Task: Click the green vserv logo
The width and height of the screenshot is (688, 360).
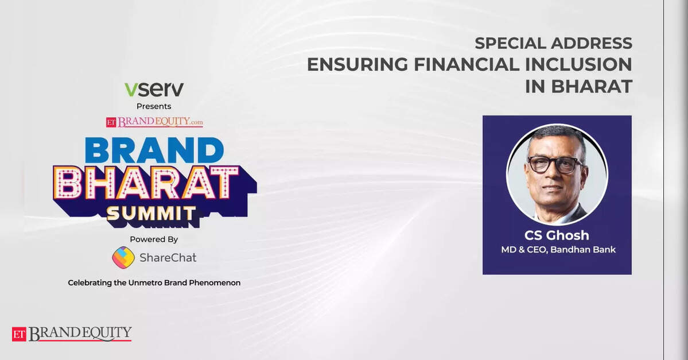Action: (154, 90)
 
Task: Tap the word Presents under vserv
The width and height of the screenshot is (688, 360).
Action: (154, 106)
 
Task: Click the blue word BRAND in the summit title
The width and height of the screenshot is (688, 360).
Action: (154, 150)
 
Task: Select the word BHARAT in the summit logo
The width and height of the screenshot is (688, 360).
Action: (146, 183)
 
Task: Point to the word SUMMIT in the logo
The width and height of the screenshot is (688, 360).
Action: (151, 214)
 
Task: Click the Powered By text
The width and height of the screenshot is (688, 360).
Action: (154, 239)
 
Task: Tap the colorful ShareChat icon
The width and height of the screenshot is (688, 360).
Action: (123, 258)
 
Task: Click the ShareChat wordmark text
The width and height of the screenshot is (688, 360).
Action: (168, 258)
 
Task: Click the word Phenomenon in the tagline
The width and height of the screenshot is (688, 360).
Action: (215, 282)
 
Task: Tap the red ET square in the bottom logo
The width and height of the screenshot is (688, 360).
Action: (19, 334)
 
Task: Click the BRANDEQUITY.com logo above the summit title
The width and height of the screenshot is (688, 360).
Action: (154, 122)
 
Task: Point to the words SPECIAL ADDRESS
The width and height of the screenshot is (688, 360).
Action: (553, 43)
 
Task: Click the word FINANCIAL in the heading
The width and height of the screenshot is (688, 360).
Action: (467, 64)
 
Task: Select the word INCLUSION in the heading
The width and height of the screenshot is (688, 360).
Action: (579, 64)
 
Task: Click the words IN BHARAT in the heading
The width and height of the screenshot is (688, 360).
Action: (579, 87)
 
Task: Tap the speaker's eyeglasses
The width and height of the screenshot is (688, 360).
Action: (555, 164)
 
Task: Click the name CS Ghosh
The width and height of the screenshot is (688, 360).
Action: (557, 235)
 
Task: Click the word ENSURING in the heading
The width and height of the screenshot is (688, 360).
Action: (357, 64)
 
